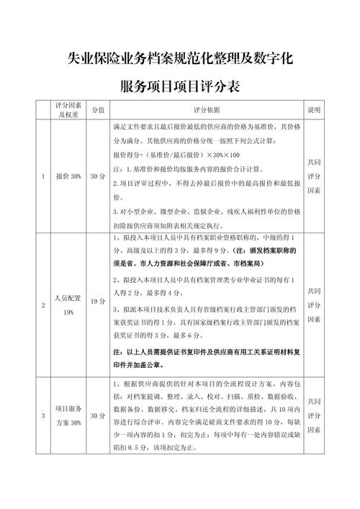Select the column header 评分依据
point(207,110)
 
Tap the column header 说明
point(314,110)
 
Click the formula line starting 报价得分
point(177,155)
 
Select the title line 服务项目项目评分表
point(179,86)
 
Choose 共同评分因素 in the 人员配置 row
point(314,305)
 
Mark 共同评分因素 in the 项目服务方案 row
point(314,415)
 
